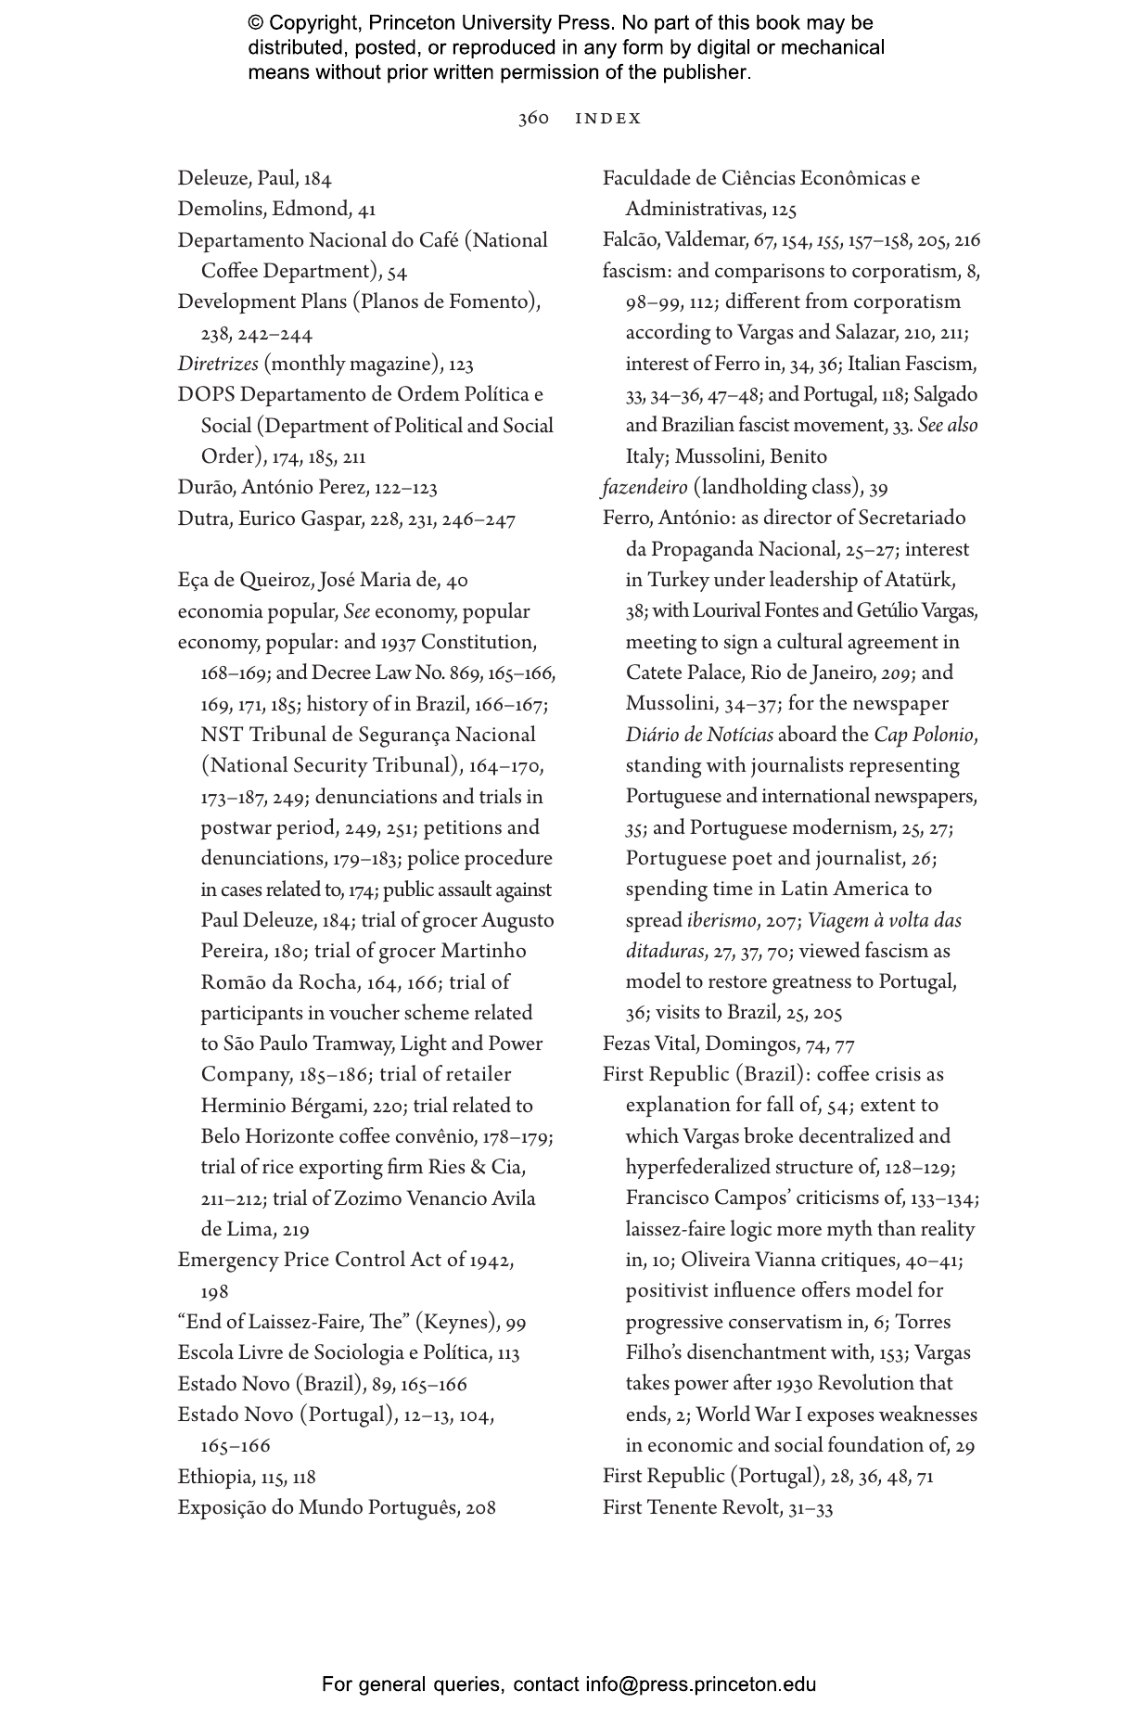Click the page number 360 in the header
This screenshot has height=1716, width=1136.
coord(533,119)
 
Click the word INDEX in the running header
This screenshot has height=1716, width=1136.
coord(608,119)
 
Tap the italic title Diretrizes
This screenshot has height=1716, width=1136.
coord(218,365)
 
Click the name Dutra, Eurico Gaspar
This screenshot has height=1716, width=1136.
coord(269,519)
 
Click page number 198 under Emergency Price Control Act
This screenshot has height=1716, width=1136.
coord(214,1292)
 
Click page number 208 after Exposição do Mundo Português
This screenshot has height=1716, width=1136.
coord(480,1508)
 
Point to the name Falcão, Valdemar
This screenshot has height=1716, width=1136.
coord(674,241)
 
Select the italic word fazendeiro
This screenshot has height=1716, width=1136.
coord(645,488)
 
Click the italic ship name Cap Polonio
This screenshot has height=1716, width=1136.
coord(924,736)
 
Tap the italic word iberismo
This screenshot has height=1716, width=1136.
coord(721,921)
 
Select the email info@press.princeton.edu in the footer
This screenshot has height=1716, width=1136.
coord(700,1684)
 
